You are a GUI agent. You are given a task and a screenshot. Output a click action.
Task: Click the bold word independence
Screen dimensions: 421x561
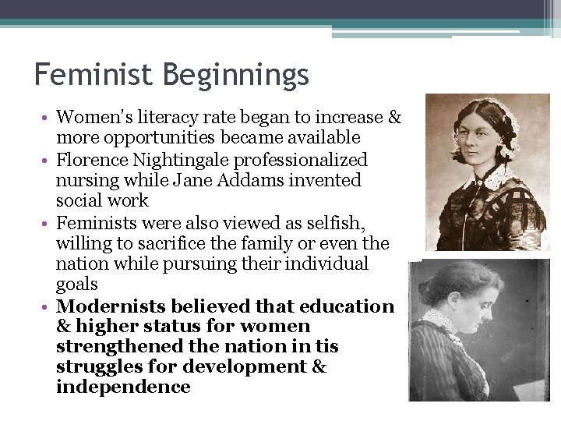click(x=123, y=387)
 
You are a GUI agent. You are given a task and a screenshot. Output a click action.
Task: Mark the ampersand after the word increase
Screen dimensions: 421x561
click(x=394, y=118)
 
